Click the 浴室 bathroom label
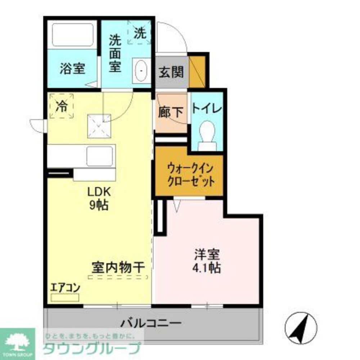[x=72, y=69]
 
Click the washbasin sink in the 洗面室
[x=141, y=71]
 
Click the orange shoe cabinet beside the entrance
[x=197, y=71]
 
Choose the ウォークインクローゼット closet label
[x=191, y=174]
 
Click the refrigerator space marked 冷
[x=62, y=106]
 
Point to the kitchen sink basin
[x=99, y=156]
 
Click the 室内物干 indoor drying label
[x=118, y=267]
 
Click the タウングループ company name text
[x=91, y=349]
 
